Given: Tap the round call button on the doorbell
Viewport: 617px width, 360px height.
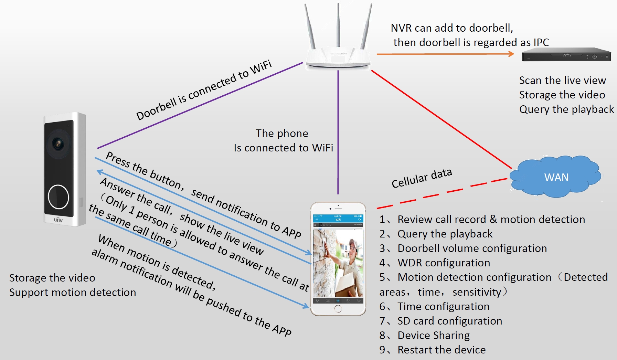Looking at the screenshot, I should tap(58, 197).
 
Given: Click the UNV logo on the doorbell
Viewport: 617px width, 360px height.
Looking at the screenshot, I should tap(58, 220).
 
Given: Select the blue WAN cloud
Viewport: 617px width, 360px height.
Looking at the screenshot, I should tap(555, 177).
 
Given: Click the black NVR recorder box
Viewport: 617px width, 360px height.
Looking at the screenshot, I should tap(566, 55).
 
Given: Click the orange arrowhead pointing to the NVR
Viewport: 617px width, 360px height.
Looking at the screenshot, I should tap(511, 54).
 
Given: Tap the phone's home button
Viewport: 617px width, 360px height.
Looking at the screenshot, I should tap(338, 309).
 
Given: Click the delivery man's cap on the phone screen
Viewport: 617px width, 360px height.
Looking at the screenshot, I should tap(351, 244).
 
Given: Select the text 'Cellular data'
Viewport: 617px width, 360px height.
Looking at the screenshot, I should tap(422, 178).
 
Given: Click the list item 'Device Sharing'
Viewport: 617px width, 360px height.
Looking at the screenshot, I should tap(433, 335).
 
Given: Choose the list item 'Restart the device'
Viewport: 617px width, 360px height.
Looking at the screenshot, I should tap(442, 350).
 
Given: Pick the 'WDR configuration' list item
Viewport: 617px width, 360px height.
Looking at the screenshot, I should tap(444, 263).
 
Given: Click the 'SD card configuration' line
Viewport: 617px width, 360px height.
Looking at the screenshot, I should tap(449, 321).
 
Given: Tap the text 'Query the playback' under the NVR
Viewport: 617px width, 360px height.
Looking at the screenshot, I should tap(566, 109).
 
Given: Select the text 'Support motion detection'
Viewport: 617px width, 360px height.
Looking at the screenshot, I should tap(73, 292).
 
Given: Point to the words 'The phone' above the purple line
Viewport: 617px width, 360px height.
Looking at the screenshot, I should tap(282, 133).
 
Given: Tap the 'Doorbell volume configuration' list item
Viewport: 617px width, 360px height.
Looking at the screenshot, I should tap(472, 248).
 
